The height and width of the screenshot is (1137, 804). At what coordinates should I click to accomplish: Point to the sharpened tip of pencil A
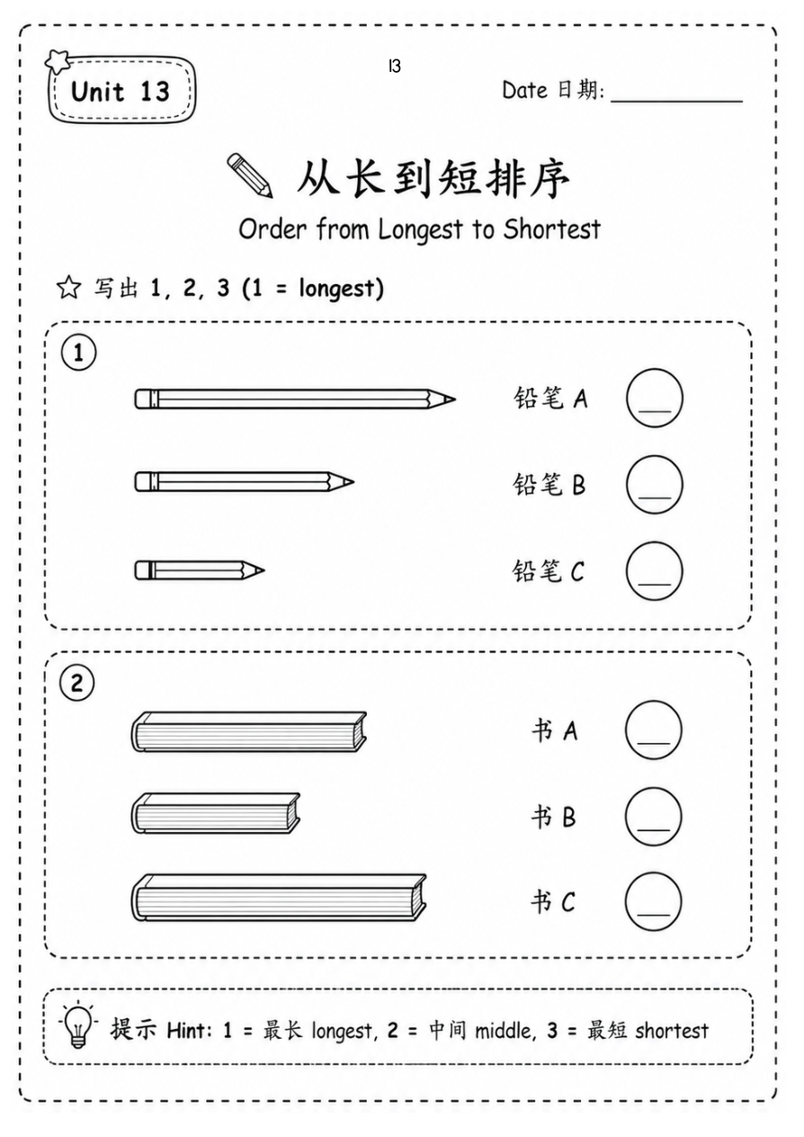click(455, 399)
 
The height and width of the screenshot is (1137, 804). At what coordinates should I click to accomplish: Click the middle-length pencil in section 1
click(244, 482)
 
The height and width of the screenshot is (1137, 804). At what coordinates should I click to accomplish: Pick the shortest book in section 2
click(215, 813)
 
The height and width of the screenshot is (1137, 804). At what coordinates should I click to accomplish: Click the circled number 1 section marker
click(78, 353)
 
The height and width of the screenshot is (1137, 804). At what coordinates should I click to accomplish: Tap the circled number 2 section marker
click(77, 683)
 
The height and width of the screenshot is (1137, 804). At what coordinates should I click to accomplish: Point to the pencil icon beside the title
click(250, 175)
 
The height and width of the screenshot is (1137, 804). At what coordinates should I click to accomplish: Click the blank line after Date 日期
click(676, 102)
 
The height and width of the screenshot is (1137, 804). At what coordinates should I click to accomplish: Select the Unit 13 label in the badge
click(121, 92)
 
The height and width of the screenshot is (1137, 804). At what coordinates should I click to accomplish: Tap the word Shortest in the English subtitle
click(551, 229)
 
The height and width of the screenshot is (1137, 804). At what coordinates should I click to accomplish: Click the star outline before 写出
click(68, 287)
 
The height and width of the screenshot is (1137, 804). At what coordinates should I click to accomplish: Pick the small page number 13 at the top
click(395, 66)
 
